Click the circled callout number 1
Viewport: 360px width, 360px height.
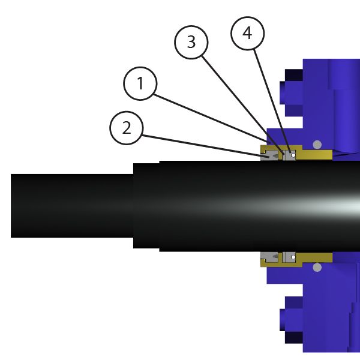(140, 83)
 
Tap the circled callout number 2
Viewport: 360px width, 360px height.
(127, 128)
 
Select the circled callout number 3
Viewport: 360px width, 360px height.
(191, 42)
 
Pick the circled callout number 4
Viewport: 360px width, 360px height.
(247, 33)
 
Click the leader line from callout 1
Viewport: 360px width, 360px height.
(212, 119)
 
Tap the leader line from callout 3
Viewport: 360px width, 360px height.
(243, 106)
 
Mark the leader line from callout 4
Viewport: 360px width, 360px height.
(272, 101)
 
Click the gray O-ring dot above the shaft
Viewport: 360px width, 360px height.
(317, 145)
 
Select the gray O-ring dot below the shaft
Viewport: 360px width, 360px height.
(317, 268)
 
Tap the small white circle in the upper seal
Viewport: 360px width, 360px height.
(293, 155)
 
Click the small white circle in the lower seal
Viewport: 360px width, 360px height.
(293, 257)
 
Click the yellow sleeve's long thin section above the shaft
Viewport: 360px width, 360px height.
(317, 155)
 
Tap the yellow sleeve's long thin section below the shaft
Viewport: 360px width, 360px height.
(317, 257)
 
